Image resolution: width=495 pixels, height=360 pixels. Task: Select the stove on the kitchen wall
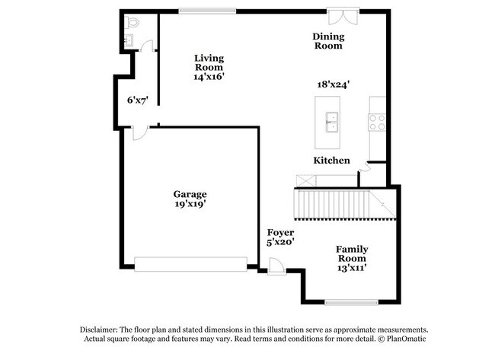tap(377, 120)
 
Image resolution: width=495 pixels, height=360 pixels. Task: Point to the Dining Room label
tap(328, 41)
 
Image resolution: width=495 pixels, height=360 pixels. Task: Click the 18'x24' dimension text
tap(333, 85)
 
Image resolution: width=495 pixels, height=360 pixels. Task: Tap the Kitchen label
tap(332, 161)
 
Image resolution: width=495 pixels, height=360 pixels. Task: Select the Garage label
tap(190, 194)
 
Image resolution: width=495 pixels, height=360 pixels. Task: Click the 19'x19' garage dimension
tap(190, 204)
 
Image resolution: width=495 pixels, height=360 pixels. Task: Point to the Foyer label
tap(280, 232)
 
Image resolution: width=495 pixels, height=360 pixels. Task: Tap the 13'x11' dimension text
tap(353, 267)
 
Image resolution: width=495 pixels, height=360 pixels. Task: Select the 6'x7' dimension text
tap(137, 100)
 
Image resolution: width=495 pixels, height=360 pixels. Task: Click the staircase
tap(343, 204)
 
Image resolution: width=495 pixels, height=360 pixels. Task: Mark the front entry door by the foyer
tap(276, 267)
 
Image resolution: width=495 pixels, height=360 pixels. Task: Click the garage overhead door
tap(190, 263)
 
